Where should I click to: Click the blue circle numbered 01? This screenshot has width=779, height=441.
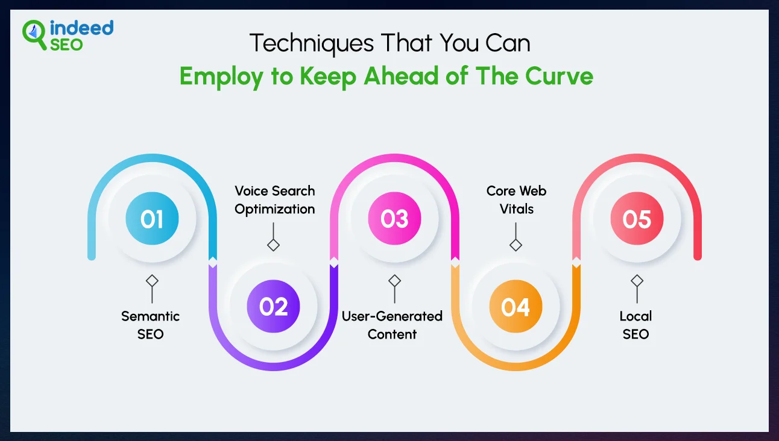tap(152, 219)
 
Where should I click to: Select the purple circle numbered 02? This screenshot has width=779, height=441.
tap(273, 307)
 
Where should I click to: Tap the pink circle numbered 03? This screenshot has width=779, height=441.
tap(394, 219)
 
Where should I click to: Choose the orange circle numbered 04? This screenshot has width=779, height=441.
tap(516, 307)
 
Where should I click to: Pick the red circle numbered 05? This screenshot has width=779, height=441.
tap(637, 219)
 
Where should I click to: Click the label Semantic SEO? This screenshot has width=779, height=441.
tap(151, 325)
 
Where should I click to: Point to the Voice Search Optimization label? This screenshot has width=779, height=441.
tap(275, 200)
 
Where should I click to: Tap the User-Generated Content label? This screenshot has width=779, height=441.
tap(393, 325)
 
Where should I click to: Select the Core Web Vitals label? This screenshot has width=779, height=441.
tap(517, 200)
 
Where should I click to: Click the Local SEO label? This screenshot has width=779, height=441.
tap(636, 325)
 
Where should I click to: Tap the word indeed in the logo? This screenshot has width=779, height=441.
tap(82, 28)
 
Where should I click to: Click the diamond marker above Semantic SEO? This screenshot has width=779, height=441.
tap(152, 281)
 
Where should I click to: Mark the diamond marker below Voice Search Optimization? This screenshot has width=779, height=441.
tap(274, 245)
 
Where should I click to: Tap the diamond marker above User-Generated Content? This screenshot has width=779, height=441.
tap(394, 281)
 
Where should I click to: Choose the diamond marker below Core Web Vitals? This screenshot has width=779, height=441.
tap(516, 245)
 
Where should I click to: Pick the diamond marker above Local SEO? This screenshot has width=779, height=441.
tap(637, 281)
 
